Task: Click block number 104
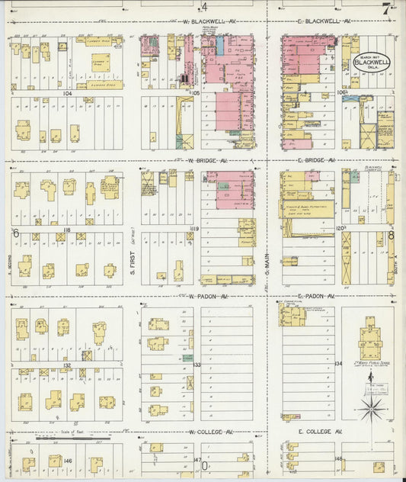[67, 92]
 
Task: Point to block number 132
[67, 365]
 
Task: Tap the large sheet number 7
[388, 10]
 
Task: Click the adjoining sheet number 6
[14, 233]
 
